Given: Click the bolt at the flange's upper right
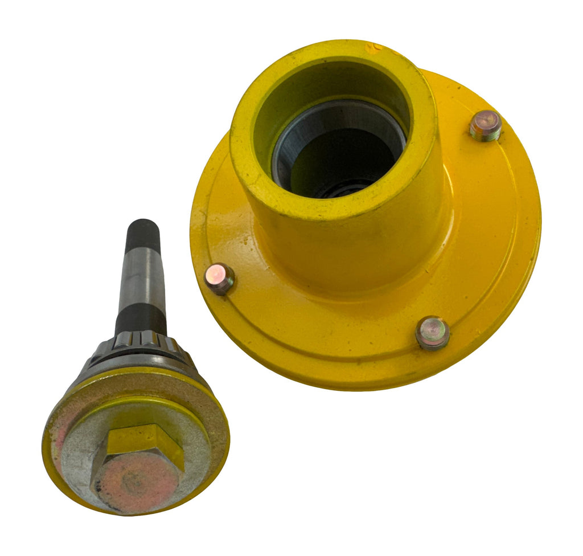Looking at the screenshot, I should tap(485, 125).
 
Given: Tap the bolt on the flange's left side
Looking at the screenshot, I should tap(220, 279).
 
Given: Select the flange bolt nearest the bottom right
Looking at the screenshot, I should tap(432, 332).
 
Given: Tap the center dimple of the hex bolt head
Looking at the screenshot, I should tap(134, 483).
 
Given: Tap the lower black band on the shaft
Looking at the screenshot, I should tap(141, 320).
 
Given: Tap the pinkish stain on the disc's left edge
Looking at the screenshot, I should tap(57, 450).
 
